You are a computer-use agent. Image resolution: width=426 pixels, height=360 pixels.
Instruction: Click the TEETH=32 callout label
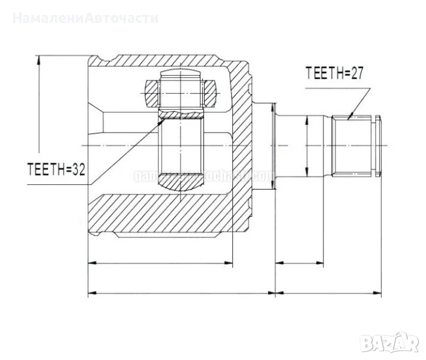tap(55, 170)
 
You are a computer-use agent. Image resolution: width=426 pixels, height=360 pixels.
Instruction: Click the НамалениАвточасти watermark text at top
tap(85, 17)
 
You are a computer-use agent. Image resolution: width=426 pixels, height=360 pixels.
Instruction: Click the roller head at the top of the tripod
tap(181, 89)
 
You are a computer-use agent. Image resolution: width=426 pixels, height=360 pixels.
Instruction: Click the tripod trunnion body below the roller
tap(181, 153)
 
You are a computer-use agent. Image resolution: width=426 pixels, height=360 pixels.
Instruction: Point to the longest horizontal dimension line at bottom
tap(234, 294)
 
